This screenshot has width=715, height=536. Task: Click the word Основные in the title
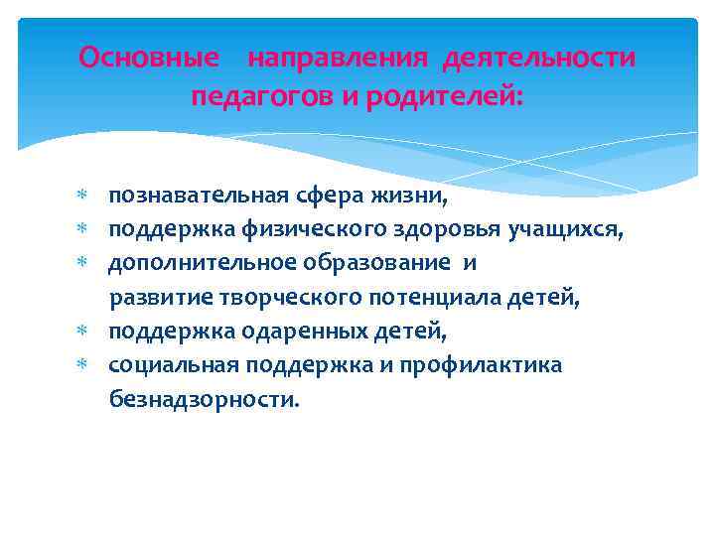pos(149,59)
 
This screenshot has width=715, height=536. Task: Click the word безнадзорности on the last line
pos(203,400)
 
